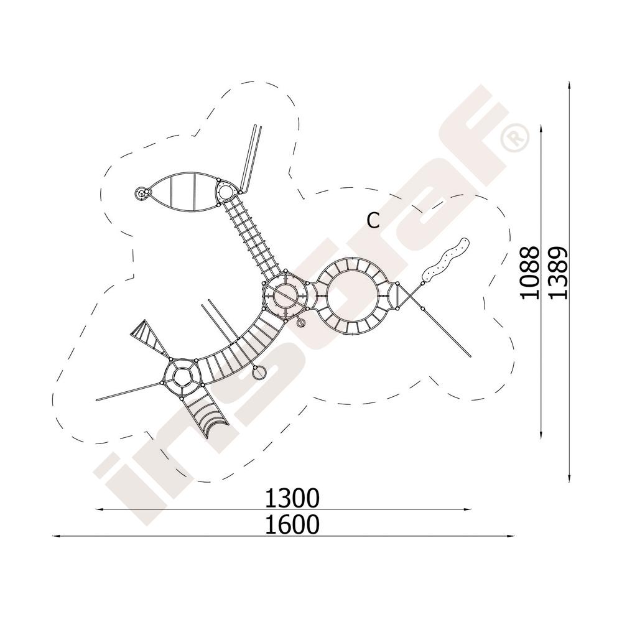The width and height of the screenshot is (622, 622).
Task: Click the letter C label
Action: coord(373,221)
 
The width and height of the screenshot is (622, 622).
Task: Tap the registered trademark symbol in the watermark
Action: coord(514,137)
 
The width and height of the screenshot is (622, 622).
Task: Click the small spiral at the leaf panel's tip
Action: coord(141,193)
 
